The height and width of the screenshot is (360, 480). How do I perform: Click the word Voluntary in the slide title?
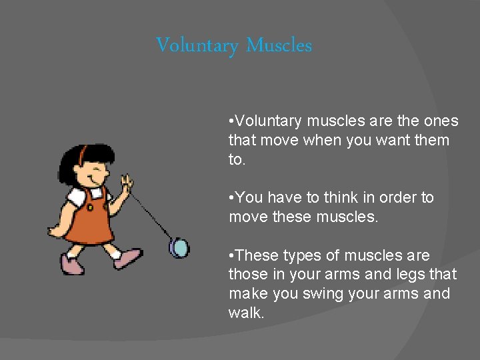pyautogui.click(x=197, y=46)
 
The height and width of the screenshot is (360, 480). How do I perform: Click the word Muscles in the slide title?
pyautogui.click(x=279, y=45)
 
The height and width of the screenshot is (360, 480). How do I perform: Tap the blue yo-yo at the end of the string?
pyautogui.click(x=179, y=248)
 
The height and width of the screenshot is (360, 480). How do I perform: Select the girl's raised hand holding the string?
pyautogui.click(x=126, y=183)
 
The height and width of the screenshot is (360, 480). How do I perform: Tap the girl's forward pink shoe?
pyautogui.click(x=127, y=258)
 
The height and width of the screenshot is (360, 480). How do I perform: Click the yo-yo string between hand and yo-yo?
pyautogui.click(x=152, y=215)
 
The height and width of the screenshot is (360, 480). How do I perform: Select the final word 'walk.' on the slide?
pyautogui.click(x=246, y=313)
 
